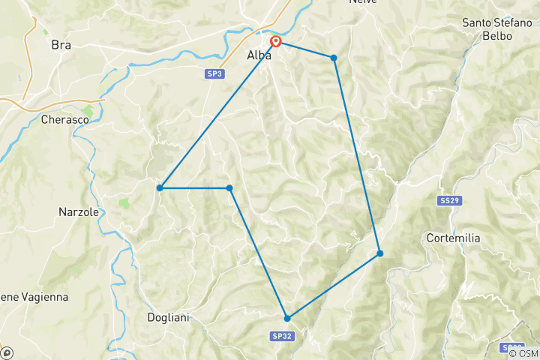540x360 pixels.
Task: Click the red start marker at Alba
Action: point(276,42)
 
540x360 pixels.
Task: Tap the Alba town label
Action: point(259,55)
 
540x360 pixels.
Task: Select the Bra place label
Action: point(61,45)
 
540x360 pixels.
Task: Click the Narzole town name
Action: point(79,212)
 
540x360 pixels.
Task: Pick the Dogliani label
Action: point(168,317)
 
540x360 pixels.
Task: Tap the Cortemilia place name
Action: point(473,238)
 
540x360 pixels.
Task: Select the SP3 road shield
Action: point(214,73)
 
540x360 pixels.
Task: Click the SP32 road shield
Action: point(283,335)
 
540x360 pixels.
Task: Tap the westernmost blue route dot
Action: point(160,187)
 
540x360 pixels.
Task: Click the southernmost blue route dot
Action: point(286,318)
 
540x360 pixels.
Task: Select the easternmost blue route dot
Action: point(380,253)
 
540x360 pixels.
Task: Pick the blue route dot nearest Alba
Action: point(334,58)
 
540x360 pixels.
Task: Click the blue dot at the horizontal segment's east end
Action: point(229,187)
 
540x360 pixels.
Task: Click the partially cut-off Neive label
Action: point(363,2)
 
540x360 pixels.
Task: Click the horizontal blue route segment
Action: point(195,187)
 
